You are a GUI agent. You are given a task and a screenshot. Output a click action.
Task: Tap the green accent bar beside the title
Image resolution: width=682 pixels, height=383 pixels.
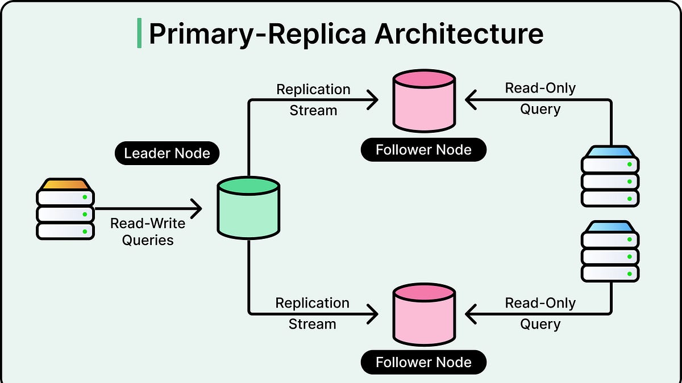coord(139,33)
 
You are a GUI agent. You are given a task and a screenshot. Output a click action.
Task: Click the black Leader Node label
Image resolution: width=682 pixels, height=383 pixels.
coord(167,153)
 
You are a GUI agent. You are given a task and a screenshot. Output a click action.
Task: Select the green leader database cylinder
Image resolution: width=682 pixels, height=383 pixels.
coord(248,207)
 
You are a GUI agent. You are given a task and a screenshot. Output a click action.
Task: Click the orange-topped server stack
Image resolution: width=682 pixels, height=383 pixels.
coord(65,209)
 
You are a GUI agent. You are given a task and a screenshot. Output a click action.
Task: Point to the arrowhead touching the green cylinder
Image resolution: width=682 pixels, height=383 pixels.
coord(197,209)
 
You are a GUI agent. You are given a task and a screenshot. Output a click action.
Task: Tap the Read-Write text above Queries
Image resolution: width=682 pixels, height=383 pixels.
coord(148,223)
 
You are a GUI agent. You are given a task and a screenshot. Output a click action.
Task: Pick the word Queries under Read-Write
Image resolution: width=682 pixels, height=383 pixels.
coord(148,240)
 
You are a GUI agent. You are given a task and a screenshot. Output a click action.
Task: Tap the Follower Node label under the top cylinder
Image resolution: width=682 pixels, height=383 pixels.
coord(424,150)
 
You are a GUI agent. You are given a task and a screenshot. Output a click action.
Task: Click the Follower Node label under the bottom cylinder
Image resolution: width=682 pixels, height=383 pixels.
coord(424,362)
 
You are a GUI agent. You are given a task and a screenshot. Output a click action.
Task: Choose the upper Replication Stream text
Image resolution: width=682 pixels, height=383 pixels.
coord(313,99)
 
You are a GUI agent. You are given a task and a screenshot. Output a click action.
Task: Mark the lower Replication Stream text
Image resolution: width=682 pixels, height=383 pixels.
coord(313,313)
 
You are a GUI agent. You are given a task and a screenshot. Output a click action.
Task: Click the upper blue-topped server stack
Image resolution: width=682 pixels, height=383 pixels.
coord(610,176)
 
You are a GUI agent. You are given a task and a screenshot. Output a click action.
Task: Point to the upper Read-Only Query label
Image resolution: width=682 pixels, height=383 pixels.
coord(540,98)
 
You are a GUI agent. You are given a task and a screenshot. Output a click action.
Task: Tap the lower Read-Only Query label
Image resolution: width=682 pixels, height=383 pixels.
coord(540,313)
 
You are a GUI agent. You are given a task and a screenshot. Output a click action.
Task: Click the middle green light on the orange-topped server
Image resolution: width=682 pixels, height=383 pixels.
coord(85,214)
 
